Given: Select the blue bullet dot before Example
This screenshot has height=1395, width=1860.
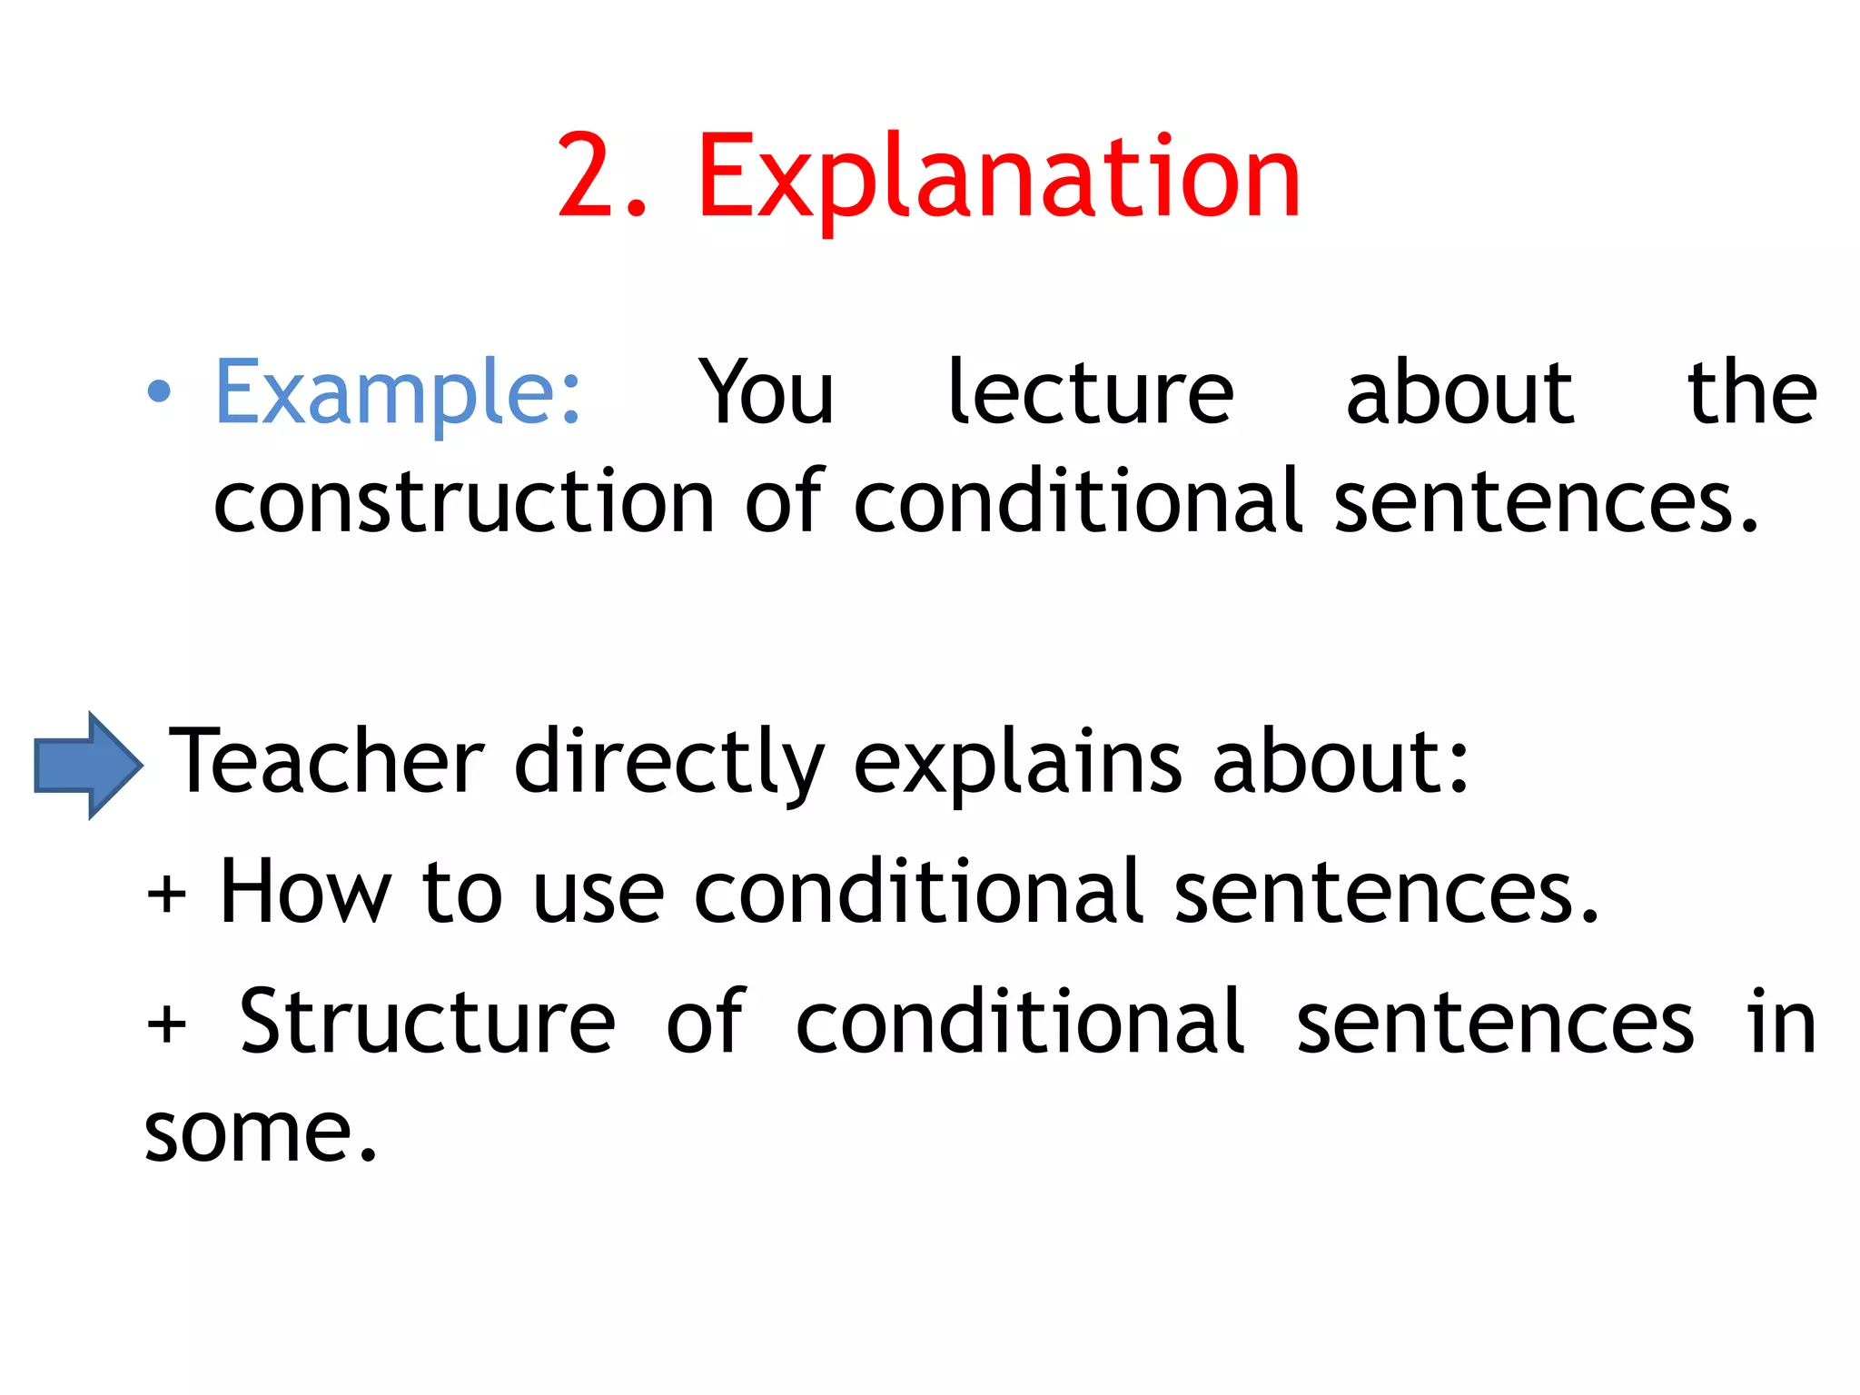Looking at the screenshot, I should coord(159,391).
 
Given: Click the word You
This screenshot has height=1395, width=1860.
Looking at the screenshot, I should coord(766,393).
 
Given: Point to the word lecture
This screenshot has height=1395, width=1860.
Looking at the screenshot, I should coord(1090,393).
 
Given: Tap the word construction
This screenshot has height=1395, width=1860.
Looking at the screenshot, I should coord(464,502).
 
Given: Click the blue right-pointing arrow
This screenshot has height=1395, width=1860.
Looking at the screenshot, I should coord(87,765).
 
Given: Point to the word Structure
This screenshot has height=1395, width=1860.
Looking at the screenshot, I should coord(427,1023).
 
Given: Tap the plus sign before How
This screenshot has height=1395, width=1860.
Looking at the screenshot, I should coord(166,895).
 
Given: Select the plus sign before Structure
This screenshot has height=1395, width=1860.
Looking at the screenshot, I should coord(166,1025).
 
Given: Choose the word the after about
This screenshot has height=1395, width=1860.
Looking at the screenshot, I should coord(1752,393).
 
